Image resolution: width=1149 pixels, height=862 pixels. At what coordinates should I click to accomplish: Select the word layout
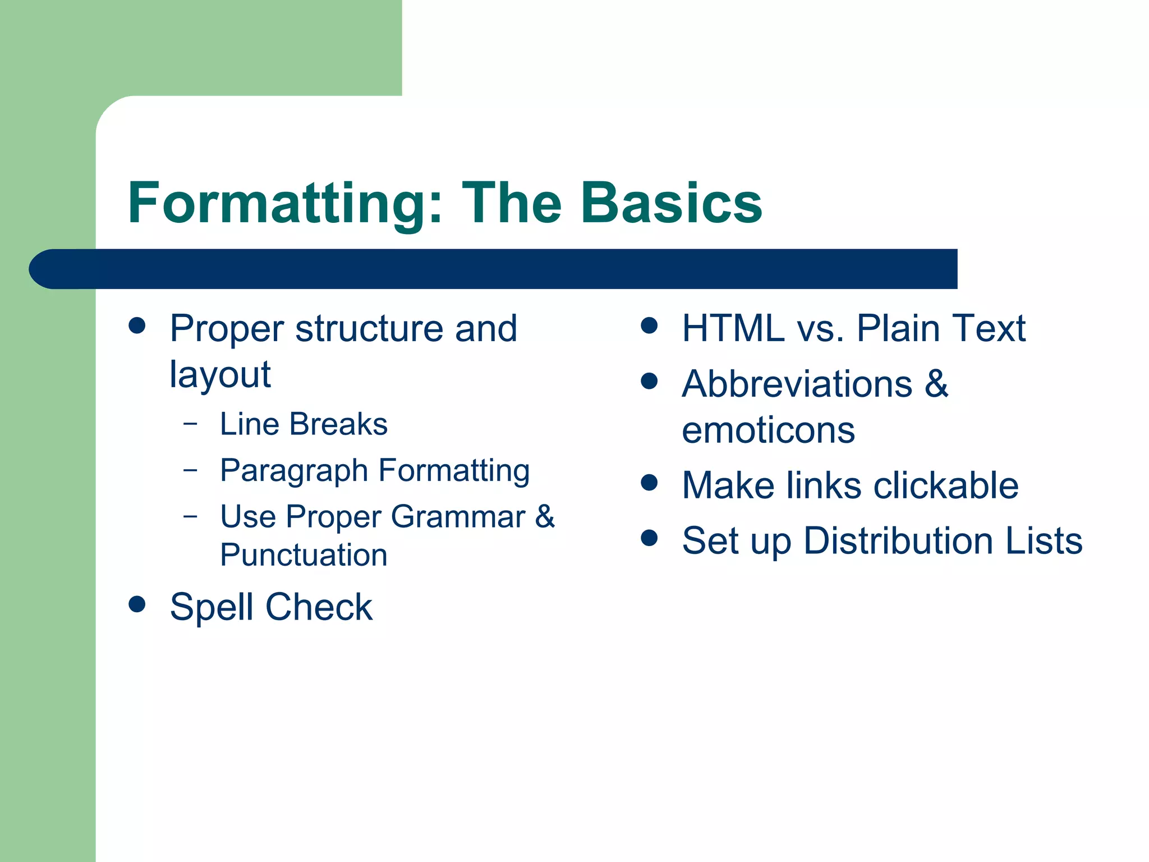(220, 375)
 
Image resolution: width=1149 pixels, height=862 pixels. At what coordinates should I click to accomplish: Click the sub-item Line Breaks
(304, 424)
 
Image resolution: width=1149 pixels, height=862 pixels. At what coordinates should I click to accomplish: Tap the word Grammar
(458, 517)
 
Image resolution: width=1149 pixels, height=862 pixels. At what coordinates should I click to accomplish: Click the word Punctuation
(304, 556)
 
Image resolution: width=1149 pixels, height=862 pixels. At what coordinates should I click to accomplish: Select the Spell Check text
(271, 607)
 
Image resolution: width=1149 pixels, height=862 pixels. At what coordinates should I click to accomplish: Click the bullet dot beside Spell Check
(137, 604)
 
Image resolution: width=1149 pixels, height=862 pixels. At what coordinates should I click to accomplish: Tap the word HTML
(733, 328)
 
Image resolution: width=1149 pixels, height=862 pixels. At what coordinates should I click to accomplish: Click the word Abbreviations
(797, 384)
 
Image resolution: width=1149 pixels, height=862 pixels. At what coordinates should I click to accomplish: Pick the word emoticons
(768, 431)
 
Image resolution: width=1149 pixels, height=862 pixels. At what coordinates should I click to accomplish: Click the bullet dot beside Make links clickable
(649, 483)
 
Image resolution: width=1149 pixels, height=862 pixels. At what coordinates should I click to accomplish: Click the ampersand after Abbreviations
(936, 384)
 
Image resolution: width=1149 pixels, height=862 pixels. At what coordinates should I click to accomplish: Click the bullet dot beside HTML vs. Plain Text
(649, 325)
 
